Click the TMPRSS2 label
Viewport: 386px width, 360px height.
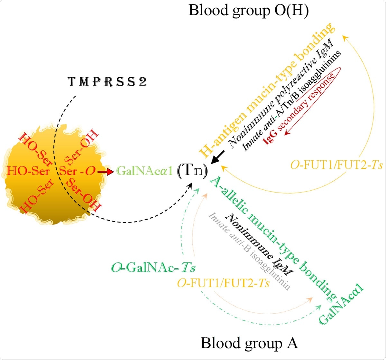point(107,82)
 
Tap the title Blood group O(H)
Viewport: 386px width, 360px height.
point(248,10)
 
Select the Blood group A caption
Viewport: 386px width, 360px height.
point(249,343)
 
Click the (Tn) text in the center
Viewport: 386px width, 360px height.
point(192,171)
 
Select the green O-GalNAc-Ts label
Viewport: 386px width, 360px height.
point(153,268)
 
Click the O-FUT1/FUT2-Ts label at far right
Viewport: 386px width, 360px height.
point(336,165)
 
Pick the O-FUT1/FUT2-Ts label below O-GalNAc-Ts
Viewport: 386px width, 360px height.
point(223,283)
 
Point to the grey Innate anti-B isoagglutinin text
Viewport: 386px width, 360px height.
point(250,251)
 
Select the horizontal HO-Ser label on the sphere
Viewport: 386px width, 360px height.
point(28,171)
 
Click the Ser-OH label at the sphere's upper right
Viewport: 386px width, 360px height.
point(82,147)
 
